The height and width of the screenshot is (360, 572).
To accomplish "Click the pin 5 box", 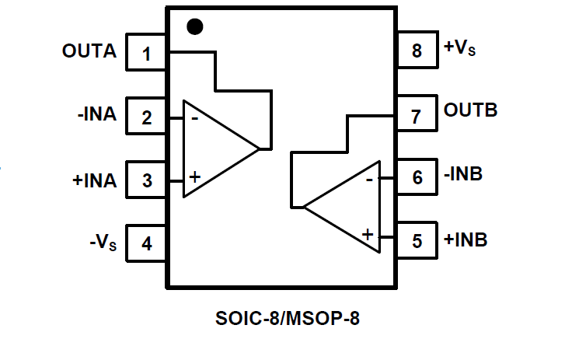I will pyautogui.click(x=417, y=241).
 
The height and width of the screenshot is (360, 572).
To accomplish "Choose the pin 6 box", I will pyautogui.click(x=417, y=178).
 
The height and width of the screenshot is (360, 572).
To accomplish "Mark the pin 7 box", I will pyautogui.click(x=417, y=115).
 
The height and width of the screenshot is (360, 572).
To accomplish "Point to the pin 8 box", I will pyautogui.click(x=417, y=52).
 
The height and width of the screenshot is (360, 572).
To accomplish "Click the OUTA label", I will pyautogui.click(x=89, y=52).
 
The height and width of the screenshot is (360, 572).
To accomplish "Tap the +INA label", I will pyautogui.click(x=94, y=180).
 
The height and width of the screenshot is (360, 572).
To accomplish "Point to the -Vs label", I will pyautogui.click(x=103, y=242).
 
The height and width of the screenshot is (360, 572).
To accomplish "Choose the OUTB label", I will pyautogui.click(x=471, y=110).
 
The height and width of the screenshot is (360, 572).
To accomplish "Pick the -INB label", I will pyautogui.click(x=463, y=174).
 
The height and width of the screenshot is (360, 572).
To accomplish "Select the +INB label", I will pyautogui.click(x=466, y=239).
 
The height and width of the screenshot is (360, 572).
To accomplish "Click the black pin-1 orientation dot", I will pyautogui.click(x=194, y=27).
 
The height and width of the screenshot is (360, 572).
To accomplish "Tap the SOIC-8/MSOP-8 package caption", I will pyautogui.click(x=288, y=319).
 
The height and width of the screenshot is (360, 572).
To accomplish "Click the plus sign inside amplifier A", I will pyautogui.click(x=194, y=177).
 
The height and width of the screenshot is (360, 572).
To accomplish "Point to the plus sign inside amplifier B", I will pyautogui.click(x=368, y=233).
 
